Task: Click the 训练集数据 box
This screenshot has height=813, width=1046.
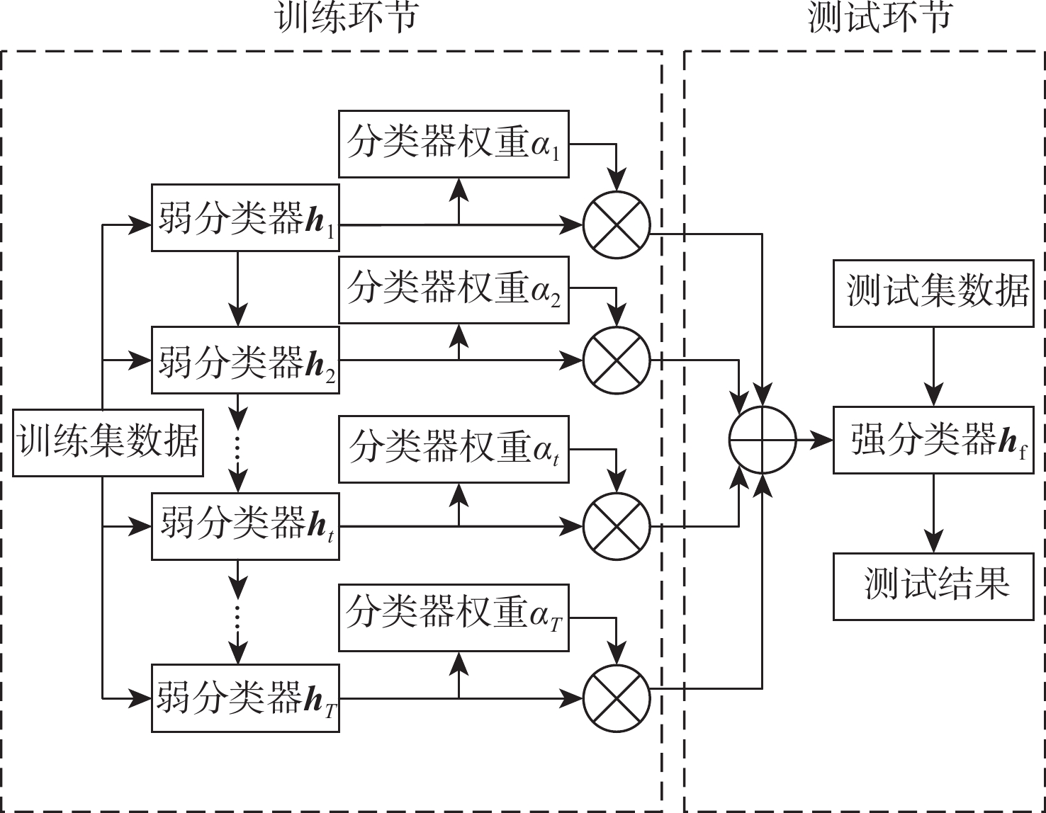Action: (x=108, y=442)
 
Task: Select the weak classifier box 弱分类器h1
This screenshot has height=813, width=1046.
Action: (x=245, y=217)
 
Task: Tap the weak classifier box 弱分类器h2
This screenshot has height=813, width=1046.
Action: (x=245, y=360)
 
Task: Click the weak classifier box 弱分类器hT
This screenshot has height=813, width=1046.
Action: (x=245, y=699)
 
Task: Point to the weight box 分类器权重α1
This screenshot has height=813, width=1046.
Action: (x=454, y=144)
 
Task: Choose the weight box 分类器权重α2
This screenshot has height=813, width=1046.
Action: (x=454, y=290)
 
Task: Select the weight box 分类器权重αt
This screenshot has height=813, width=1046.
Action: (x=454, y=450)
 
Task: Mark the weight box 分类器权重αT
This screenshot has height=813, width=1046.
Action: (x=454, y=618)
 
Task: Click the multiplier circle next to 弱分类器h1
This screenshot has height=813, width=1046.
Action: (x=617, y=225)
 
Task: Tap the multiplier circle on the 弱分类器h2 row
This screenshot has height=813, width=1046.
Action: (x=617, y=360)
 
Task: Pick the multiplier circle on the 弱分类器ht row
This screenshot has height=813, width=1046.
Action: (x=617, y=527)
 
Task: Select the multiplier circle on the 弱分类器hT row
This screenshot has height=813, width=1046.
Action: (x=617, y=698)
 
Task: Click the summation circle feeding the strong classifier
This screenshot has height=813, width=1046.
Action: (x=763, y=440)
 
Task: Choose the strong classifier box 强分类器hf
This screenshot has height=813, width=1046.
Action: (x=933, y=440)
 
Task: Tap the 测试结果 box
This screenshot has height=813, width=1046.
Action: (x=933, y=586)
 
